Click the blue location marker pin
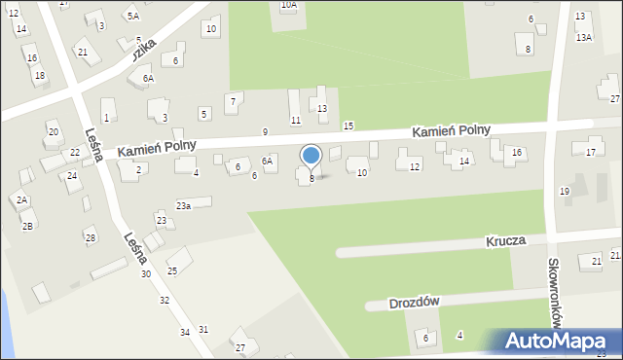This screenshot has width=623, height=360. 311,157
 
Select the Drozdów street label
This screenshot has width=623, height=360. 414,302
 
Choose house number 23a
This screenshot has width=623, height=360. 183,205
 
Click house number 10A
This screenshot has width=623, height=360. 289,5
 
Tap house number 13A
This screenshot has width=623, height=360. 583,36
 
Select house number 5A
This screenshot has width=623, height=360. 132,17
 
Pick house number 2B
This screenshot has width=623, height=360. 27,226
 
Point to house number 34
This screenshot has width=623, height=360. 185,333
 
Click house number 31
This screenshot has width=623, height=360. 203,329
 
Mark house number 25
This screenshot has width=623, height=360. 172,270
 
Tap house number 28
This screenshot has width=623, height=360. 91,237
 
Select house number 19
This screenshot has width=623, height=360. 565,191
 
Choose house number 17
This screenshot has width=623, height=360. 591,152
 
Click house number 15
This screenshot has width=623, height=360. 348,126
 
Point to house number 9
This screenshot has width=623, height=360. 265,131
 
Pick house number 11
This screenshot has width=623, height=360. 296,120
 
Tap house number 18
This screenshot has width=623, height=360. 39,75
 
